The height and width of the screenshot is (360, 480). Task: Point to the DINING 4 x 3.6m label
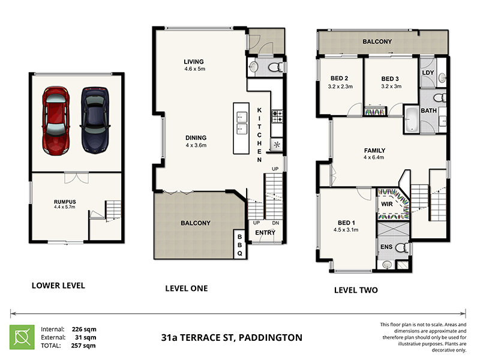(196, 141)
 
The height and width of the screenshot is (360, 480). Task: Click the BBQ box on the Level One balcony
(239, 245)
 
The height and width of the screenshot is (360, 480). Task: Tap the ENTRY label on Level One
(265, 233)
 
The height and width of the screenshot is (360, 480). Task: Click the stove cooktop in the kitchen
(277, 116)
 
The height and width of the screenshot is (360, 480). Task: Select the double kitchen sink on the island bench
(242, 122)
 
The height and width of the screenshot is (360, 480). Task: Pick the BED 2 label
(340, 82)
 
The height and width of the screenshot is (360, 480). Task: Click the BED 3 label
(390, 82)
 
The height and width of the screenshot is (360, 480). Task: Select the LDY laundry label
(428, 73)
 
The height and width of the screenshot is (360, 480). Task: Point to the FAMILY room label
(374, 154)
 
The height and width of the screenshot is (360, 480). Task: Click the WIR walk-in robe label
(387, 204)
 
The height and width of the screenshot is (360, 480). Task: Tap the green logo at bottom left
(21, 337)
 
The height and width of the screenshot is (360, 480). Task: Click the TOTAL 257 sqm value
(84, 346)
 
